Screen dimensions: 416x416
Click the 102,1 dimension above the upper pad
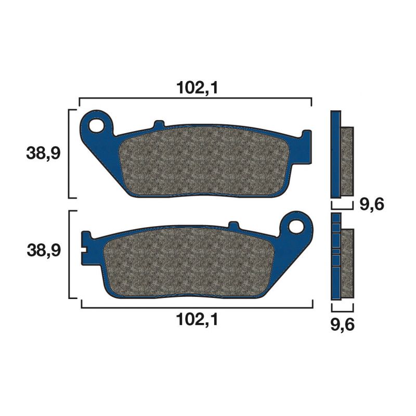click(x=196, y=88)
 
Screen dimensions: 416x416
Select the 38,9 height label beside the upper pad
click(x=44, y=153)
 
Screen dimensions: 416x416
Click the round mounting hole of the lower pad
click(x=297, y=226)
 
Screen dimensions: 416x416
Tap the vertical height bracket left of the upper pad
click(x=70, y=153)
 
